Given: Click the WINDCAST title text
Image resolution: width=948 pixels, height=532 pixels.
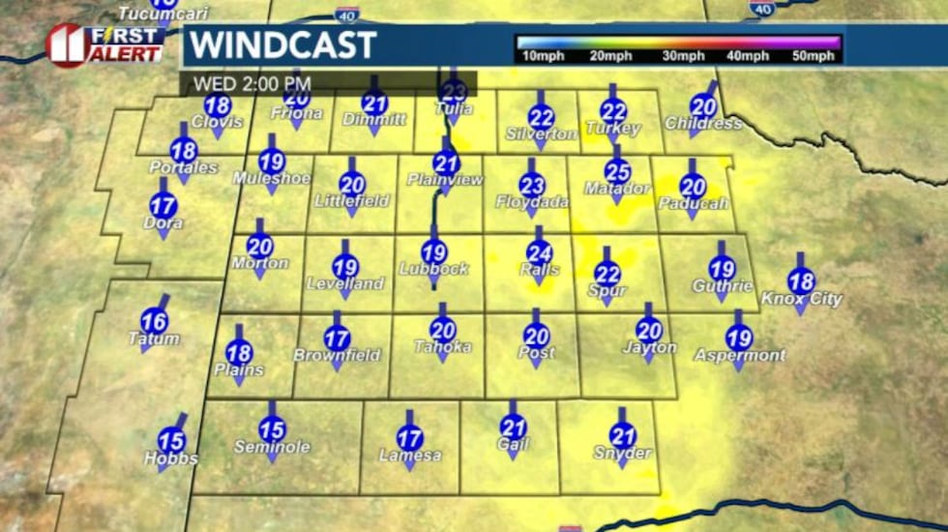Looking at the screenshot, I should click(281, 45).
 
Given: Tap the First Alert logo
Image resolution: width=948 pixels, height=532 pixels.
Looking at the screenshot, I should click(104, 44).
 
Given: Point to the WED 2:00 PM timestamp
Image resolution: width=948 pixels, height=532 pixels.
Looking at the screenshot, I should click(250, 83).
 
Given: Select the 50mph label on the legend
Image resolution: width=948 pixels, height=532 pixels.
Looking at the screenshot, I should click(813, 56).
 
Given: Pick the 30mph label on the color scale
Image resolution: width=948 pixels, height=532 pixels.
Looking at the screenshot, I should click(684, 56).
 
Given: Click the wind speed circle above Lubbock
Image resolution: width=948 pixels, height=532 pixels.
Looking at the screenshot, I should click(434, 251).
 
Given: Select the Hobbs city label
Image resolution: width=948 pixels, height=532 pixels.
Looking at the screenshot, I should click(171, 458).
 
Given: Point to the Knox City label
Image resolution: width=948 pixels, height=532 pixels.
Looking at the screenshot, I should click(802, 299).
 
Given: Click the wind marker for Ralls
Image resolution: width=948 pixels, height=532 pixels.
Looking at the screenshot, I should click(540, 252).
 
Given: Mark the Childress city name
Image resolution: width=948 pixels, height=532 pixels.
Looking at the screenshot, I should click(703, 124).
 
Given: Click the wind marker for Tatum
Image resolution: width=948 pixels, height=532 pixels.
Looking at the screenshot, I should click(154, 321).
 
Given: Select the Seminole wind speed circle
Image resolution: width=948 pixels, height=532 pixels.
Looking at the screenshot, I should click(273, 429).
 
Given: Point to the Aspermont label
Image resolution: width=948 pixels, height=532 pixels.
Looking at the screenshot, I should click(739, 356).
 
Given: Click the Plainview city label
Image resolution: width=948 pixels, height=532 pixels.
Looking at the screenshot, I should click(444, 180).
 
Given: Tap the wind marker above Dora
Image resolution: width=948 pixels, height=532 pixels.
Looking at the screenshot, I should click(163, 206).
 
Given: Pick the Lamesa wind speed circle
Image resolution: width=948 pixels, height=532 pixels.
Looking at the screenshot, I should click(410, 438).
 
